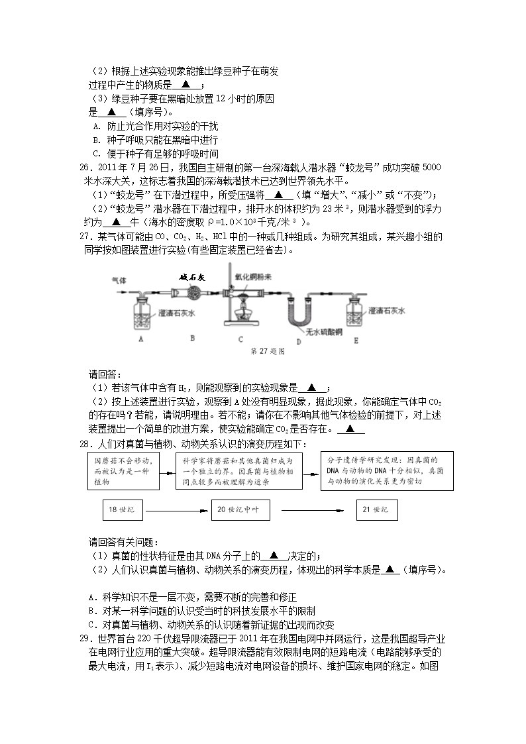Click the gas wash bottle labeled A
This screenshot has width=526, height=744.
tap(141, 312)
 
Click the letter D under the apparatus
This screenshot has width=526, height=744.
tap(299, 341)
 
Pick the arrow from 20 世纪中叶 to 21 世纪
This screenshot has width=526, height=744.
tap(315, 511)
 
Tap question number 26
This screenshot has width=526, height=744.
tap(84, 167)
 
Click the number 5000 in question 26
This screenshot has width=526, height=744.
tap(430, 167)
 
